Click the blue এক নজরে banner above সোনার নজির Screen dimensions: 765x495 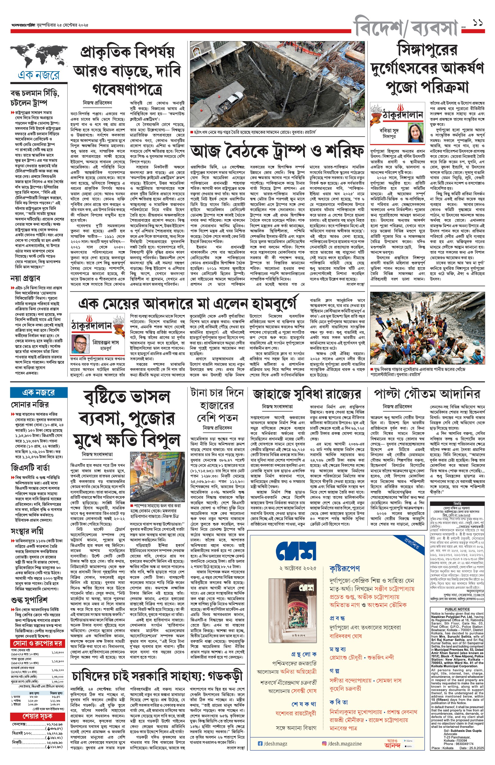coord(39,392)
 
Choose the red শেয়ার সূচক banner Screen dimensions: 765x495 coord(37,717)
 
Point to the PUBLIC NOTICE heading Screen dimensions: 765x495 coord(457,609)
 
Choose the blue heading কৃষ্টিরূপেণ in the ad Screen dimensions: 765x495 coord(345,568)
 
